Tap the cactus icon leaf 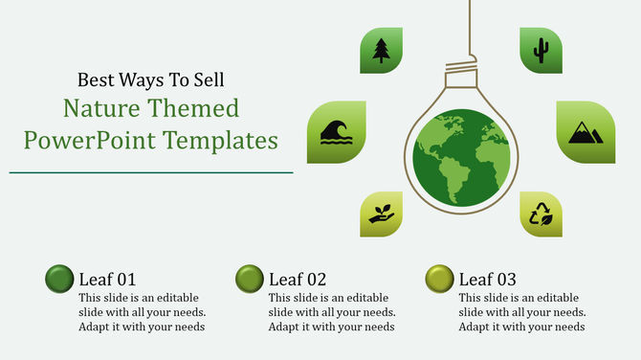[x=541, y=50]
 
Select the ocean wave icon [x=337, y=132]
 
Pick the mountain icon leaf [x=586, y=131]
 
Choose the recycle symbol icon [x=542, y=214]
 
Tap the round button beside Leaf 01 [x=59, y=279]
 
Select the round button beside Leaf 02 [x=250, y=279]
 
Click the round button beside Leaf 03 [x=440, y=279]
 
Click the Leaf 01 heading [x=107, y=280]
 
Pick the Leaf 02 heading [x=298, y=280]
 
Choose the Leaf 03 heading [x=488, y=280]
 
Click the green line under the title [x=151, y=172]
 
